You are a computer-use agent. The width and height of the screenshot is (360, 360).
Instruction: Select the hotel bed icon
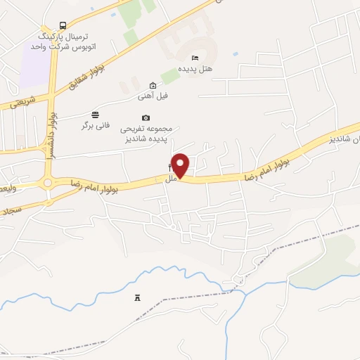pos(195,58)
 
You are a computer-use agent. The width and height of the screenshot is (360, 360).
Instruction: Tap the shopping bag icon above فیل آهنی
pos(153,85)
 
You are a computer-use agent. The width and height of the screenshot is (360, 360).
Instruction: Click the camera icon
pos(146,117)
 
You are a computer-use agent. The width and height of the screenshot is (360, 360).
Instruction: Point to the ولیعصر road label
pos(10,188)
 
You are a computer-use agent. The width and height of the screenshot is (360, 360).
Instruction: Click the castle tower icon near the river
pos(137,298)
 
